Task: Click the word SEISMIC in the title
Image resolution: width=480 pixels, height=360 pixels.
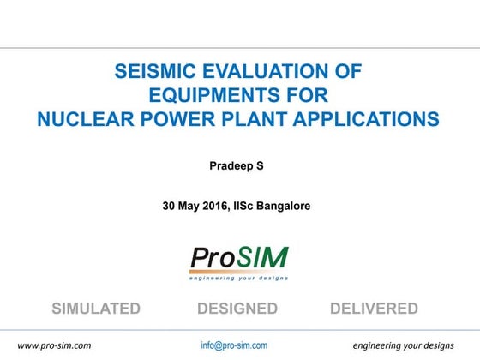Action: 156,73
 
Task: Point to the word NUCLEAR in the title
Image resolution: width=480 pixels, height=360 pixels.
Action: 86,119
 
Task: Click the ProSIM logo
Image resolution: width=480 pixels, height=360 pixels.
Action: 239,257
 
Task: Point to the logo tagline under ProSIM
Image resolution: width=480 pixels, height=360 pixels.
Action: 239,277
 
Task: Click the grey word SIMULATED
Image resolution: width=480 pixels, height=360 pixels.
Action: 96,309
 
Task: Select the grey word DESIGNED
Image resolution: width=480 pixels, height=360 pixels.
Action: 237,309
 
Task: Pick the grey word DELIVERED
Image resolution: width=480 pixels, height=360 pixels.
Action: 374,309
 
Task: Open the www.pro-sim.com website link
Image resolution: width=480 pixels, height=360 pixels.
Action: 55,345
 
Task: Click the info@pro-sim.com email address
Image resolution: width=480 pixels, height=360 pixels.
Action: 234,345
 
